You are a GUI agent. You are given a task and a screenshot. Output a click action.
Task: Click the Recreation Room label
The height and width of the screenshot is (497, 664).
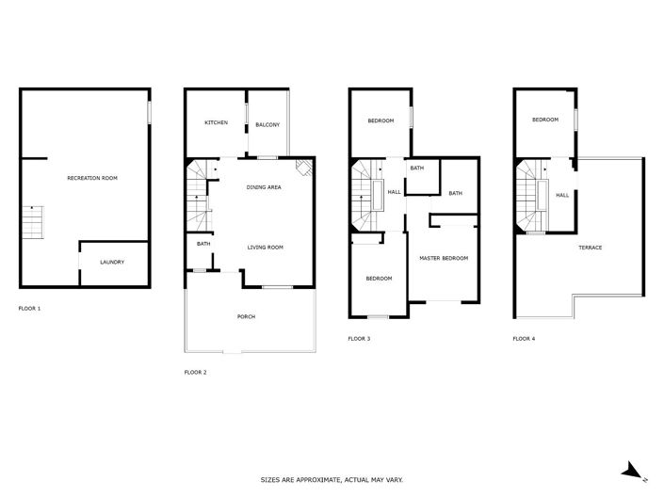pyautogui.click(x=91, y=178)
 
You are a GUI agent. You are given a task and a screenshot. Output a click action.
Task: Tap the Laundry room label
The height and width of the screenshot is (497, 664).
pyautogui.click(x=112, y=262)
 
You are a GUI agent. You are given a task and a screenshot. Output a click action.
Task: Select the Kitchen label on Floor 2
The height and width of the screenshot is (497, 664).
pyautogui.click(x=218, y=124)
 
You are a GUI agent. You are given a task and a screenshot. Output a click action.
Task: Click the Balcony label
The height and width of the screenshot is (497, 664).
pyautogui.click(x=267, y=124)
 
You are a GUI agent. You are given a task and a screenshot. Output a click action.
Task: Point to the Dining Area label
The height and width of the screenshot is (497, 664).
pyautogui.click(x=264, y=187)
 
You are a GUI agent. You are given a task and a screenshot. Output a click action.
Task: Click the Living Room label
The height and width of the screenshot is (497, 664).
pyautogui.click(x=265, y=248)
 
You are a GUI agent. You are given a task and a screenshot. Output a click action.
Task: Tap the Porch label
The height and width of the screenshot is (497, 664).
pyautogui.click(x=246, y=316)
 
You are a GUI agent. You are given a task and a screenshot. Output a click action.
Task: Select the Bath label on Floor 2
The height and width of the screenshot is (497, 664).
pyautogui.click(x=202, y=245)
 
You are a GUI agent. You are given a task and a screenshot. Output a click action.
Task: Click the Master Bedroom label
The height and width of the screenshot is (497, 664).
pyautogui.click(x=443, y=258)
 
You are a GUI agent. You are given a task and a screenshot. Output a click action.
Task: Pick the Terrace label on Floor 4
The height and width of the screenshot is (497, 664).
pyautogui.click(x=591, y=248)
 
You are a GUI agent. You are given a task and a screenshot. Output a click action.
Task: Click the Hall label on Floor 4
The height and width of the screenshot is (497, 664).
pyautogui.click(x=561, y=195)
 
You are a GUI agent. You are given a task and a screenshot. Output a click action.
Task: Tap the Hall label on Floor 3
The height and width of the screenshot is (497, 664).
pyautogui.click(x=394, y=192)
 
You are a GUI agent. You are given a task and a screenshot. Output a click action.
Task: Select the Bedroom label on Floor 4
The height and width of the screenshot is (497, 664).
pyautogui.click(x=544, y=120)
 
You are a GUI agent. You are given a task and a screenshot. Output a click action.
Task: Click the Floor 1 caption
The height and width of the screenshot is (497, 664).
pyautogui.click(x=30, y=308)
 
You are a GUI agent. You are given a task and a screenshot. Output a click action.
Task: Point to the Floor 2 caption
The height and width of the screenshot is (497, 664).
pyautogui.click(x=195, y=372)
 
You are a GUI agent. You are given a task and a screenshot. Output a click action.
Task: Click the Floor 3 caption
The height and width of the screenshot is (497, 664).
pyautogui.click(x=359, y=338)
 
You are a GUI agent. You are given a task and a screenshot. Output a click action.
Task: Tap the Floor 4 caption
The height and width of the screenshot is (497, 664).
pyautogui.click(x=524, y=338)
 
